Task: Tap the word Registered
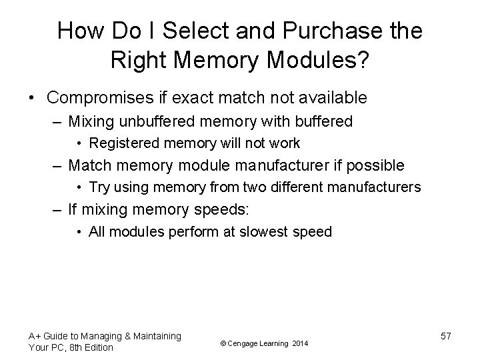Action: [124, 143]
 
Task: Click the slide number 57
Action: [445, 336]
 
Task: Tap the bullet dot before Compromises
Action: [33, 99]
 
